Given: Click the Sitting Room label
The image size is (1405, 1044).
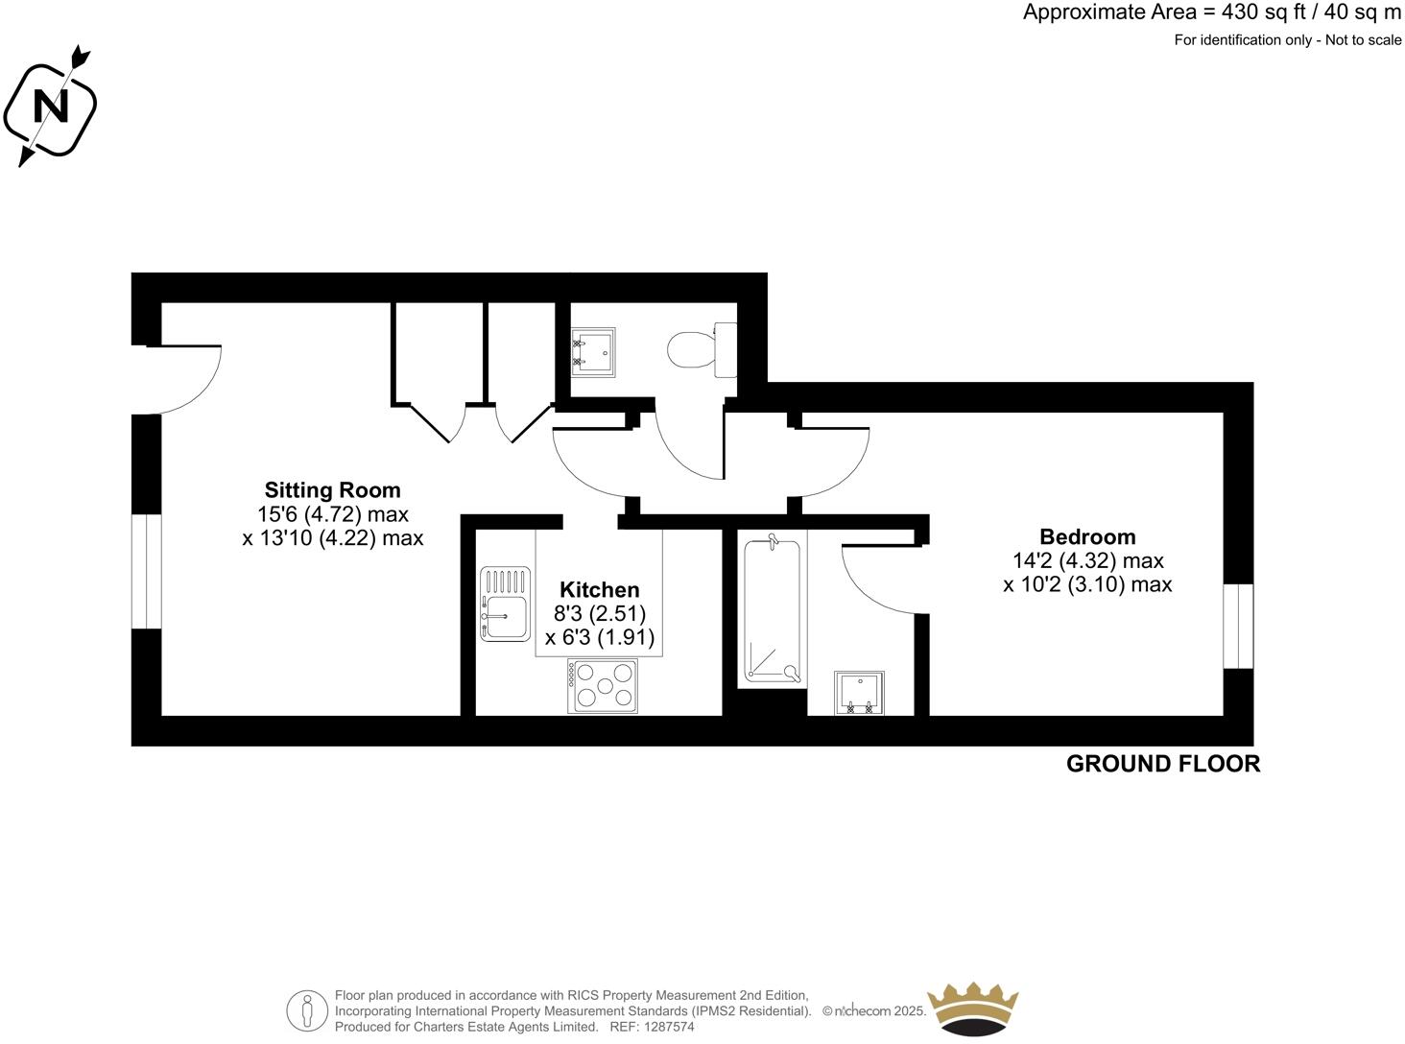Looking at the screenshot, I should (x=332, y=490).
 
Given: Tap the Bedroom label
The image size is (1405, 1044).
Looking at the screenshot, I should (x=1087, y=536).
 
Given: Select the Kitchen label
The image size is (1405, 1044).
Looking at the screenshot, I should (x=600, y=590).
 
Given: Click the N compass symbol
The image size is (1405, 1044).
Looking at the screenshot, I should (x=51, y=106).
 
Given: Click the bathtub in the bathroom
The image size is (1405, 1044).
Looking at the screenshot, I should (x=772, y=611).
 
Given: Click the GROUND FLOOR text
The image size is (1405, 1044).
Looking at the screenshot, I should (x=1163, y=764).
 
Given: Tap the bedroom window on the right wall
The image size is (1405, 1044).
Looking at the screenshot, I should (x=1238, y=625).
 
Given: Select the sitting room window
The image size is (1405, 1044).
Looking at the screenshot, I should (x=146, y=571).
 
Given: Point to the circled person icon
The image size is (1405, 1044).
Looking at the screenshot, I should (x=307, y=1010).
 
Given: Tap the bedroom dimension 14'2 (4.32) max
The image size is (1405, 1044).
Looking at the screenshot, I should (x=1087, y=560).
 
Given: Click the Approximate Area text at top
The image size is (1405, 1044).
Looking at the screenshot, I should (x=1212, y=12).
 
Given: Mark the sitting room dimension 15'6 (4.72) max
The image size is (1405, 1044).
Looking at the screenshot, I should (x=332, y=514).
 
